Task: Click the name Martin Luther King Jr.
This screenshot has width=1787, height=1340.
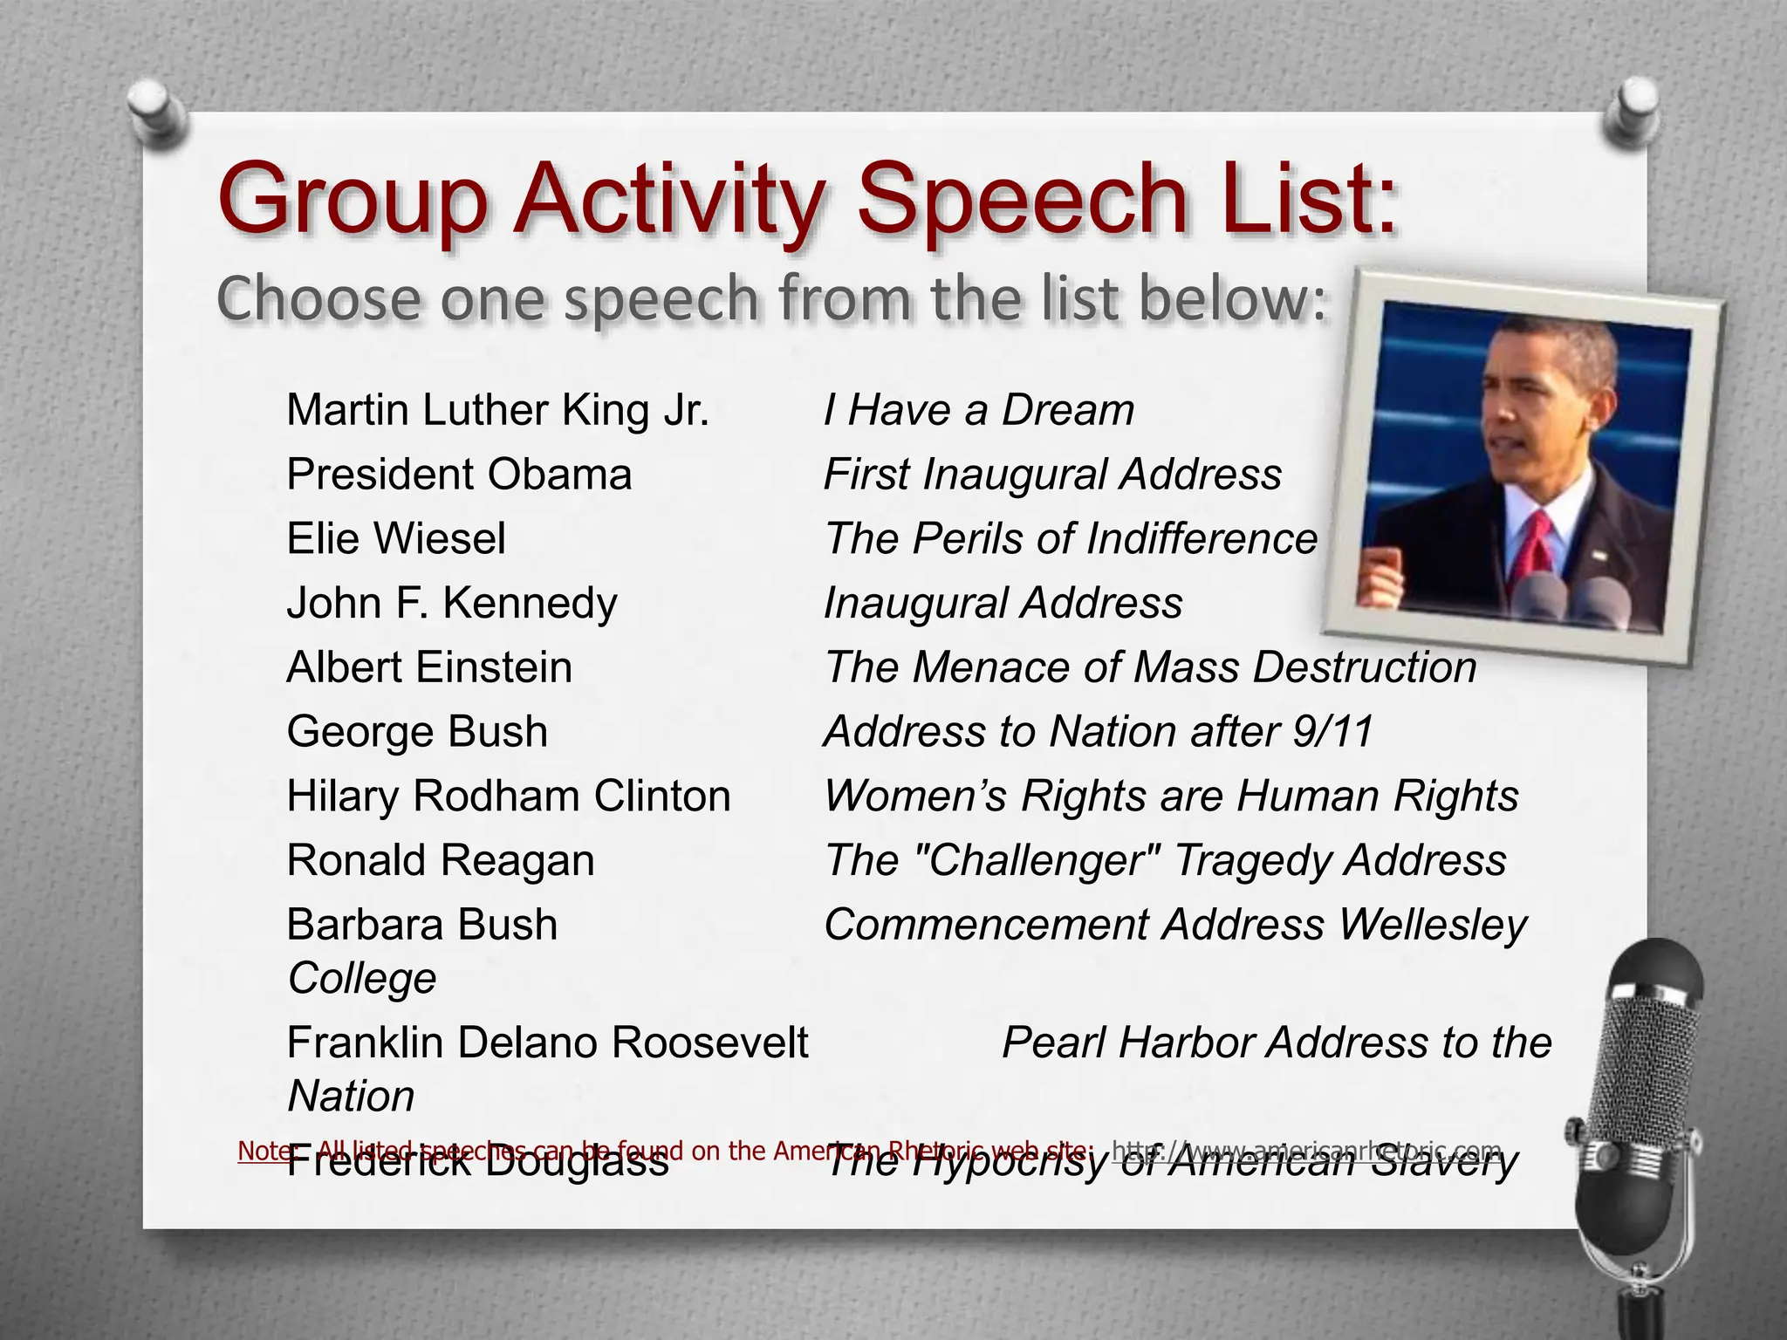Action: (x=497, y=410)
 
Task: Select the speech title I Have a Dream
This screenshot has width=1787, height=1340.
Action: (x=978, y=410)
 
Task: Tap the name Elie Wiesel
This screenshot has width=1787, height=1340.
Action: (x=395, y=538)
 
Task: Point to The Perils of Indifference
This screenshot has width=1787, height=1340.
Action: (x=1070, y=538)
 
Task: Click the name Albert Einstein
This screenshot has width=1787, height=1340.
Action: (x=429, y=667)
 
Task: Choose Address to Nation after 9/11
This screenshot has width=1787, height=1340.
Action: (x=1098, y=731)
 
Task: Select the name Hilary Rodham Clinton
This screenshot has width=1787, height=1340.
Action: (x=508, y=796)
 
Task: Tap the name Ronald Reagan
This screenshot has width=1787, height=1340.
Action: (x=441, y=860)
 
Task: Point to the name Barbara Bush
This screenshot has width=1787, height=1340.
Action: (x=421, y=925)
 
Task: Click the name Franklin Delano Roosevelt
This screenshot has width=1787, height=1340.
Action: (x=547, y=1043)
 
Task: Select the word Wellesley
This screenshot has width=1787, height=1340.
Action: (x=1433, y=925)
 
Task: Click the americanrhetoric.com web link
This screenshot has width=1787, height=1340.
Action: (x=1306, y=1151)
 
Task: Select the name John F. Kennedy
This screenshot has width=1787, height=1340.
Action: (x=451, y=603)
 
